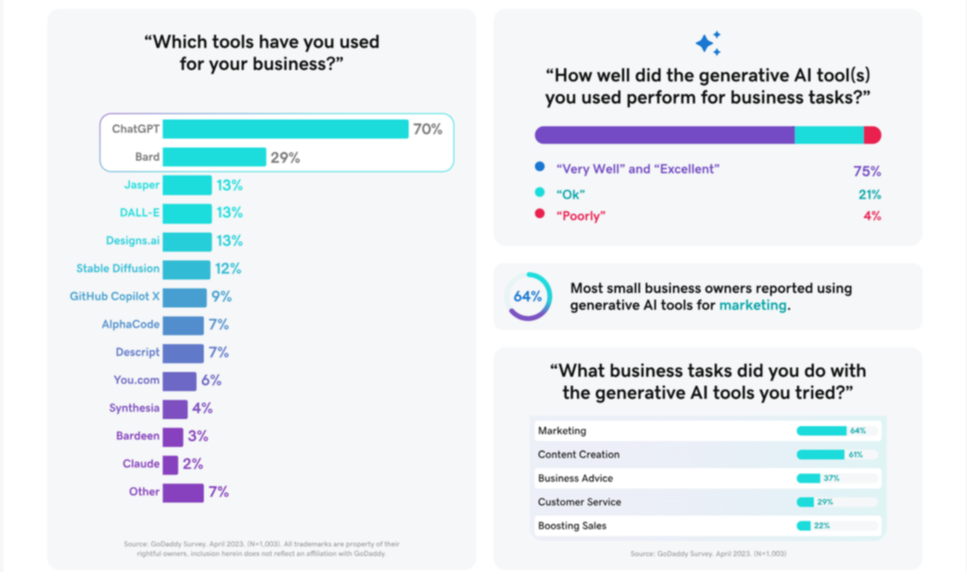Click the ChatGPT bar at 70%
285,129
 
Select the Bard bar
214,157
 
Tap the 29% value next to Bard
285,158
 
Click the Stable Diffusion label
118,269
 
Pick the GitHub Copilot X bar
185,297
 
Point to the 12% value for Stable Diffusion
228,269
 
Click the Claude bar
170,465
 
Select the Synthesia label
134,408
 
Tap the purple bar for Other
183,493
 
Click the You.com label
136,380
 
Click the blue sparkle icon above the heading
708,44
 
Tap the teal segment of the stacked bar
829,135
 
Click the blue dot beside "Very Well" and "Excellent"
540,167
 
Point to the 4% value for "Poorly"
872,216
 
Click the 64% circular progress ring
528,297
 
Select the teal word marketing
753,306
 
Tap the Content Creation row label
579,455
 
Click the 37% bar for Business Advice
808,478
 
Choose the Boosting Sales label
572,526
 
